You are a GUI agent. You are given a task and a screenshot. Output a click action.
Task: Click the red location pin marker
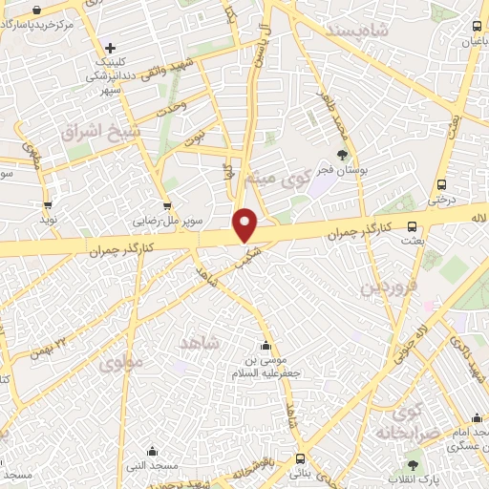[x=246, y=224]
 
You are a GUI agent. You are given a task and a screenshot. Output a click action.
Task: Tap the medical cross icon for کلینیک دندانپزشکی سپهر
[x=111, y=48]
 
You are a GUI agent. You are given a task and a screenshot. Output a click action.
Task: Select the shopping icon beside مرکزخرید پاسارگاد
[x=36, y=9]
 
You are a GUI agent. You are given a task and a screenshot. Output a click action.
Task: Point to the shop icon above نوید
[x=47, y=205]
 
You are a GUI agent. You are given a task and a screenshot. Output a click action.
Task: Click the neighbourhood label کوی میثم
[x=286, y=178]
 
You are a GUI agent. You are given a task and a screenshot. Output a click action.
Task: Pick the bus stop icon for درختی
[x=440, y=184]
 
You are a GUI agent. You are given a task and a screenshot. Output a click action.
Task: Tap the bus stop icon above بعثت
[x=412, y=226]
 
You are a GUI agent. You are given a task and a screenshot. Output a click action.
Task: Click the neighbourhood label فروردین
[x=385, y=286]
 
